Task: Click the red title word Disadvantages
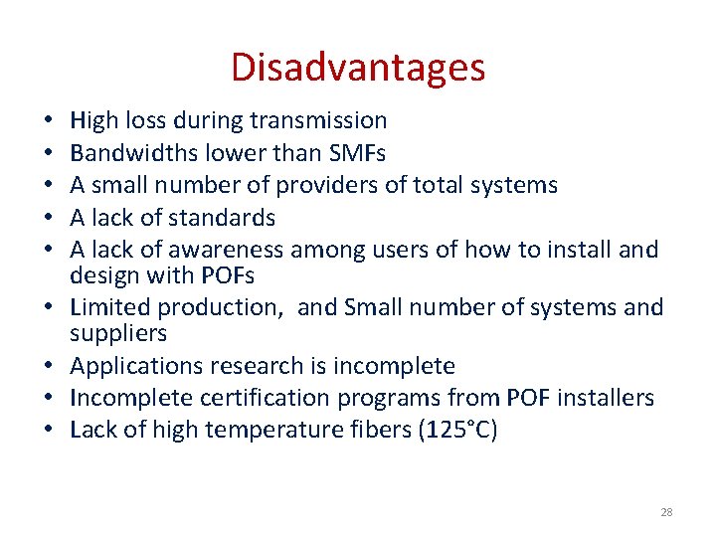point(358,68)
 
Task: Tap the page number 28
point(666,512)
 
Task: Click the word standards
point(220,218)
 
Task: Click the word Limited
point(113,308)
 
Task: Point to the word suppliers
point(118,332)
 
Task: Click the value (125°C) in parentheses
point(461,430)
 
